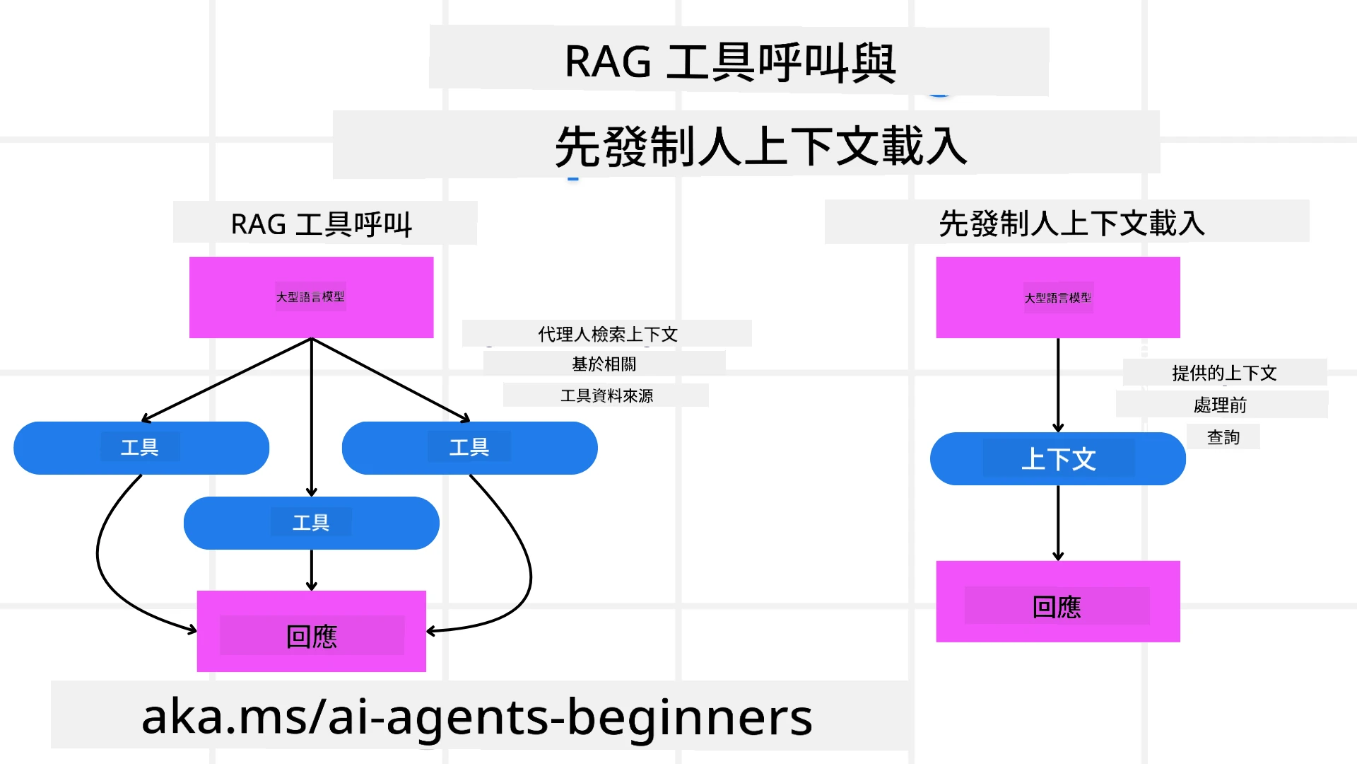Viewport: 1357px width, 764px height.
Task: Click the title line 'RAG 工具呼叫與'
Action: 731,62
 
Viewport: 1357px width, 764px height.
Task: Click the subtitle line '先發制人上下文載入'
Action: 760,146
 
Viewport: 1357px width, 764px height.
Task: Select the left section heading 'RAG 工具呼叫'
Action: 322,224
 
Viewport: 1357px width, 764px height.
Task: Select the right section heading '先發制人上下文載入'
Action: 1071,224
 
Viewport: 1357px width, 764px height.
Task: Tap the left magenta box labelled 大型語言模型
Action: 311,297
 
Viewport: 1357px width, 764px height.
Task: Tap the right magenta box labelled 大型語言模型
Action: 1057,298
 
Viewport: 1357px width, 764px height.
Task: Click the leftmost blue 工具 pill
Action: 141,448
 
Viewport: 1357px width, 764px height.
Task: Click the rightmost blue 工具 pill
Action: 469,448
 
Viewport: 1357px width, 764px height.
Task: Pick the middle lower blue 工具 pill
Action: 311,523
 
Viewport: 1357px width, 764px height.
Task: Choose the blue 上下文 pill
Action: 1057,459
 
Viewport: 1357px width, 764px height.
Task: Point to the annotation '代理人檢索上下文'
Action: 607,334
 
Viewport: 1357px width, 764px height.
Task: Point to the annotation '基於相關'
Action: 604,364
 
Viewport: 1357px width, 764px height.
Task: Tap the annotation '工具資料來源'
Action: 606,395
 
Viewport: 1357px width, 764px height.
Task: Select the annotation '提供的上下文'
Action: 1224,373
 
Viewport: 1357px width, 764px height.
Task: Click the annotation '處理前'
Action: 1220,405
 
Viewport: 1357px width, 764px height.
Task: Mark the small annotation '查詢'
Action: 1223,437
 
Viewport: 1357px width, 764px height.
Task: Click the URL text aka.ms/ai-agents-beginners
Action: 477,717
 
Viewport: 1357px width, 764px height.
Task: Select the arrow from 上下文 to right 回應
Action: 1058,523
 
